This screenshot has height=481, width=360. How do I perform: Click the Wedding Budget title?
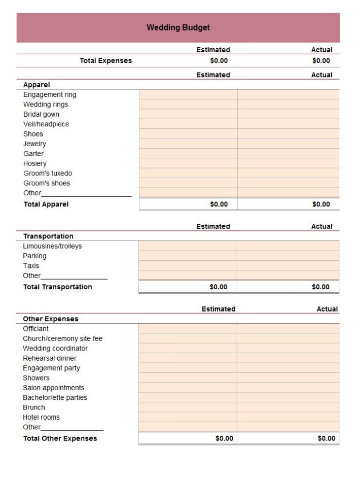pyautogui.click(x=178, y=27)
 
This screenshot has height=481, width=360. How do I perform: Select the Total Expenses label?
pyautogui.click(x=105, y=60)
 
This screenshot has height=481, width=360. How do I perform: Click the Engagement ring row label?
pyautogui.click(x=50, y=94)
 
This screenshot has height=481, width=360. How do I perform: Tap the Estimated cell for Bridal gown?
pyautogui.click(x=188, y=114)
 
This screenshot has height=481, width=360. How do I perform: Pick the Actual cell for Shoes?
pyautogui.click(x=288, y=134)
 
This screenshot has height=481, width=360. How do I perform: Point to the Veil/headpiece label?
pyautogui.click(x=46, y=124)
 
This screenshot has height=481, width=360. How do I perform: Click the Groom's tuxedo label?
pyautogui.click(x=48, y=173)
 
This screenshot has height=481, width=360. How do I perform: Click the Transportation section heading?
pyautogui.click(x=48, y=236)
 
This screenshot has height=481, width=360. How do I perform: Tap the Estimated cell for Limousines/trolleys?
pyautogui.click(x=188, y=246)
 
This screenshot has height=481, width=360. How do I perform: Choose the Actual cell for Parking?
pyautogui.click(x=287, y=256)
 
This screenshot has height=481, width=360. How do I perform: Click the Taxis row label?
pyautogui.click(x=31, y=265)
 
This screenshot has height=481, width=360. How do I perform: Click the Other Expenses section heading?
pyautogui.click(x=51, y=319)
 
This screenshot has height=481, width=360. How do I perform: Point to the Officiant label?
pyautogui.click(x=35, y=328)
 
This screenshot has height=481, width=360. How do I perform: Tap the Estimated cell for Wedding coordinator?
pyautogui.click(x=188, y=348)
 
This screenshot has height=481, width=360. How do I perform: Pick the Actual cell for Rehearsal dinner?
pyautogui.click(x=287, y=358)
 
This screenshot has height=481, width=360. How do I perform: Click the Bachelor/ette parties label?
pyautogui.click(x=55, y=397)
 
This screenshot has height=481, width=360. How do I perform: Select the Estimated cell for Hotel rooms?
pyautogui.click(x=188, y=417)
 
